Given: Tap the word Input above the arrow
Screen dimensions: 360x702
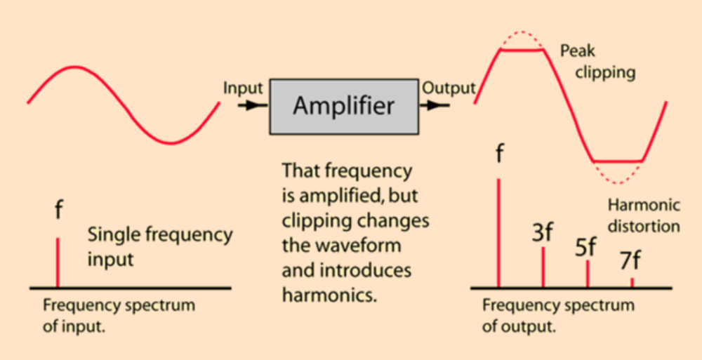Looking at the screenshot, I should (x=243, y=88).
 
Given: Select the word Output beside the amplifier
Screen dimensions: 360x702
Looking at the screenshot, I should (x=449, y=88).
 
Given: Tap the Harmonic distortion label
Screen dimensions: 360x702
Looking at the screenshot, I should (x=644, y=215).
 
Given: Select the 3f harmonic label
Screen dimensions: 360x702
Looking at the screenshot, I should (x=542, y=234).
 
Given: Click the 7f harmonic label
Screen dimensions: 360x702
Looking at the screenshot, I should (x=630, y=260).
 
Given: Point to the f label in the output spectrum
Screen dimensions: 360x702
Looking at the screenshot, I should (x=498, y=154).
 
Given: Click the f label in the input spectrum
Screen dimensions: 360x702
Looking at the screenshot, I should (x=58, y=211).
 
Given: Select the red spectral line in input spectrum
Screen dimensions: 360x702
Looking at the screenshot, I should (x=58, y=263).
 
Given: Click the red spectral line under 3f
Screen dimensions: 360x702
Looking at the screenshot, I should (x=543, y=267).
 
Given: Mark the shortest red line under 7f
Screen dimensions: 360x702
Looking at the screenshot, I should (x=632, y=282).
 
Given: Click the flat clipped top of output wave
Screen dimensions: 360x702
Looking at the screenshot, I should (x=521, y=50).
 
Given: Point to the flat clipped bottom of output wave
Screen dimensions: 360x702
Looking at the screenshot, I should (x=618, y=161).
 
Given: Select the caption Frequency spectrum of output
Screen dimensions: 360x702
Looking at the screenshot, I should (x=558, y=316).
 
